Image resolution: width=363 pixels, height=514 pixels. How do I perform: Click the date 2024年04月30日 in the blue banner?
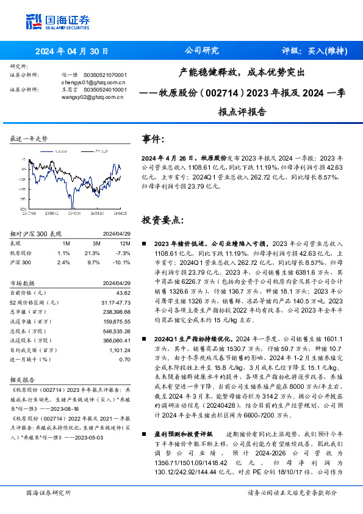(72, 51)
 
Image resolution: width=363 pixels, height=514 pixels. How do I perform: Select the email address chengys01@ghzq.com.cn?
(93, 81)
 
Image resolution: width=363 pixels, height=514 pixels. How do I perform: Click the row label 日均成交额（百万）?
(31, 350)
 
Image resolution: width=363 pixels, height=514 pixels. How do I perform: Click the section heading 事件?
(153, 139)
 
